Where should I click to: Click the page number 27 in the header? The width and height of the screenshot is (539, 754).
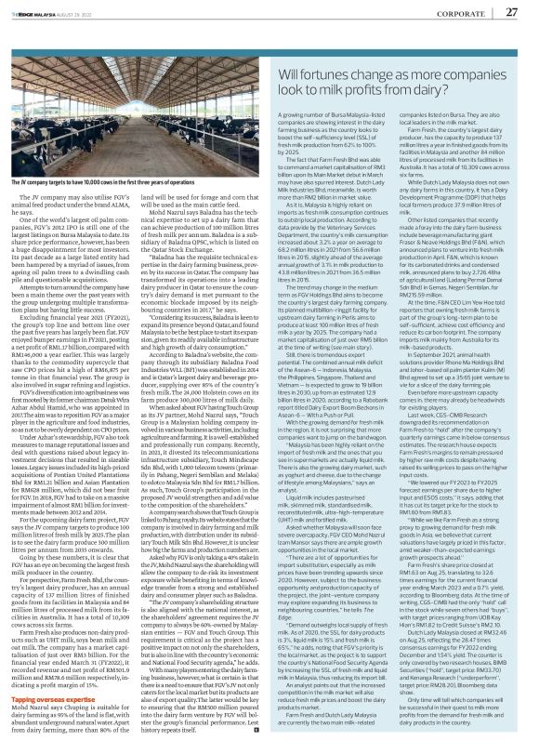coord(510,12)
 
